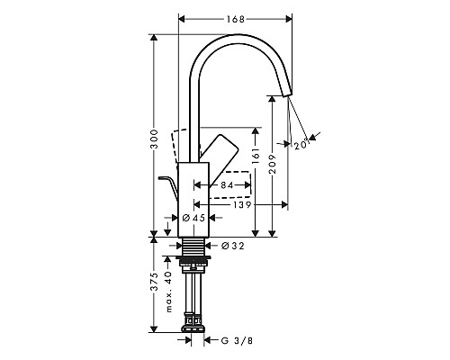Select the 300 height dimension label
pos(155,139)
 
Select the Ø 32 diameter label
pos(232,244)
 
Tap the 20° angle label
pos(300,142)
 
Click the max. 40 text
pos(168,292)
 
